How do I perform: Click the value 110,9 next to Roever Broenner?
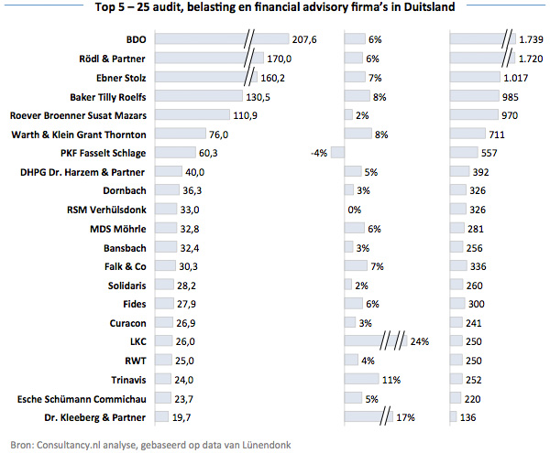pos(246,115)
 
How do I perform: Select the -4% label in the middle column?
pos(320,153)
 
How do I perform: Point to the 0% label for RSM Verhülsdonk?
pos(354,210)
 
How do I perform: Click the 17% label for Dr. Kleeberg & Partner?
pos(405,417)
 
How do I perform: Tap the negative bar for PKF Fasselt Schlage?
pos(337,153)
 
